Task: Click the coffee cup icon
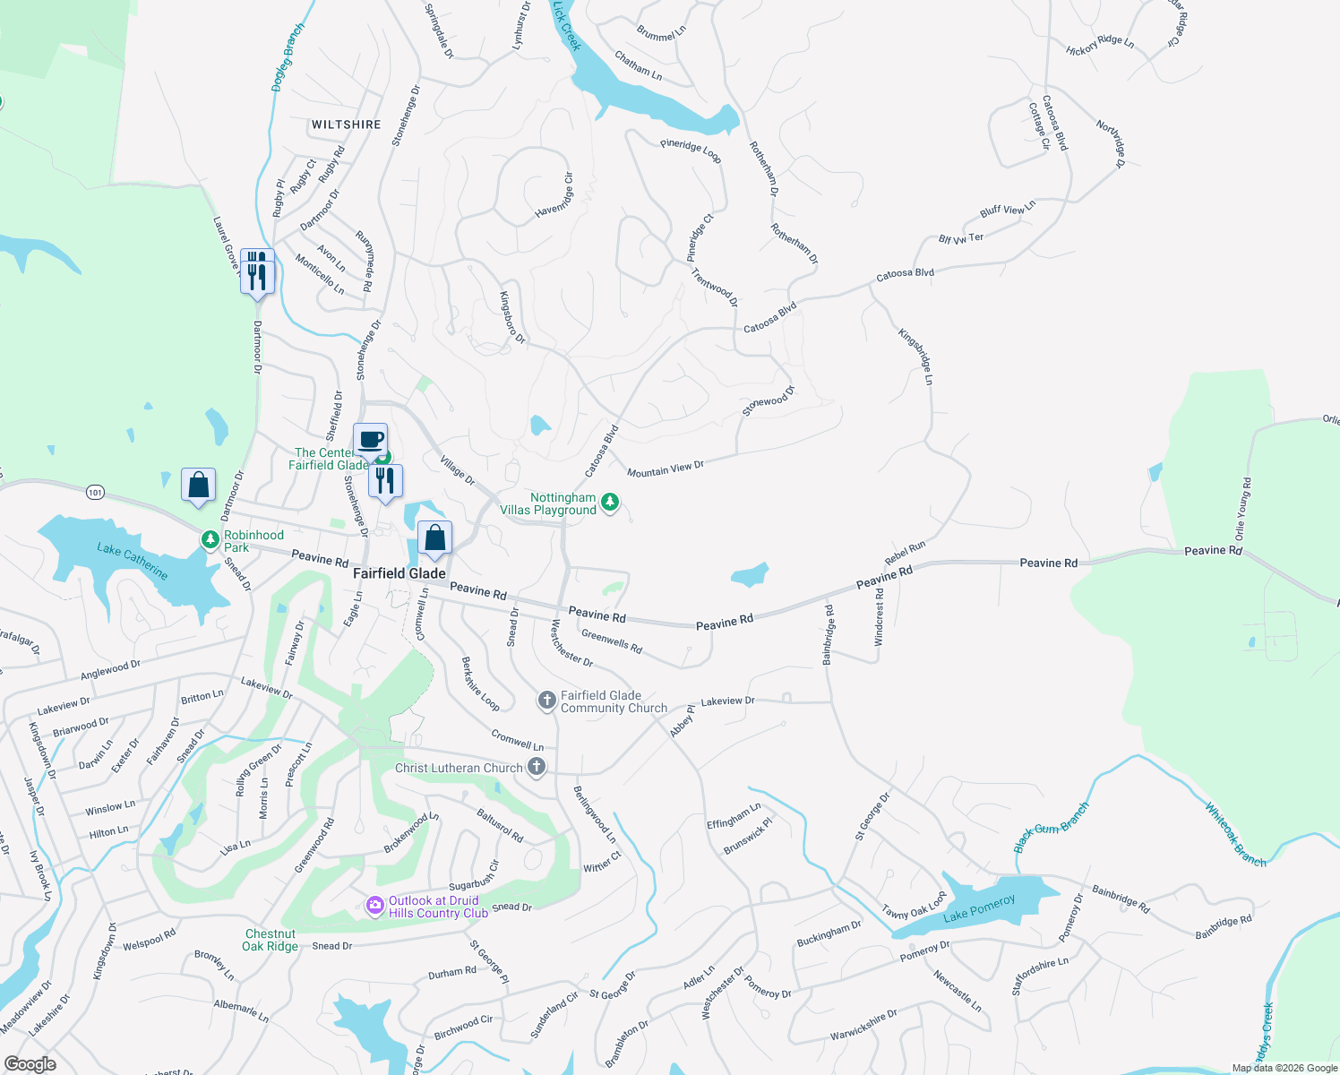tap(371, 440)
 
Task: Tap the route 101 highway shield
tap(96, 492)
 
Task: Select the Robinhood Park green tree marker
tap(210, 540)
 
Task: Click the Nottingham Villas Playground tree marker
tap(609, 502)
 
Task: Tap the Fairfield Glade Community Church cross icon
tap(547, 701)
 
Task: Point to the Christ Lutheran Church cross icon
tap(536, 766)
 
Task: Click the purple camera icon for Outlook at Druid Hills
tap(375, 907)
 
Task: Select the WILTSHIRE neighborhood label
tap(346, 125)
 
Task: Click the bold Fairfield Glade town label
tap(399, 573)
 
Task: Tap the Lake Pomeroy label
tap(979, 908)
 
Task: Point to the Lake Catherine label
tap(132, 560)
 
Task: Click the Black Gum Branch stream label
tap(1052, 828)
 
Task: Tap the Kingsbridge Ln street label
tap(916, 357)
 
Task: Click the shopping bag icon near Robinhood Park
tap(198, 486)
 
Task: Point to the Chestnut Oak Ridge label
tap(270, 940)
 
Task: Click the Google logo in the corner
tap(30, 1063)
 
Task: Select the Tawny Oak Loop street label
tap(914, 906)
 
